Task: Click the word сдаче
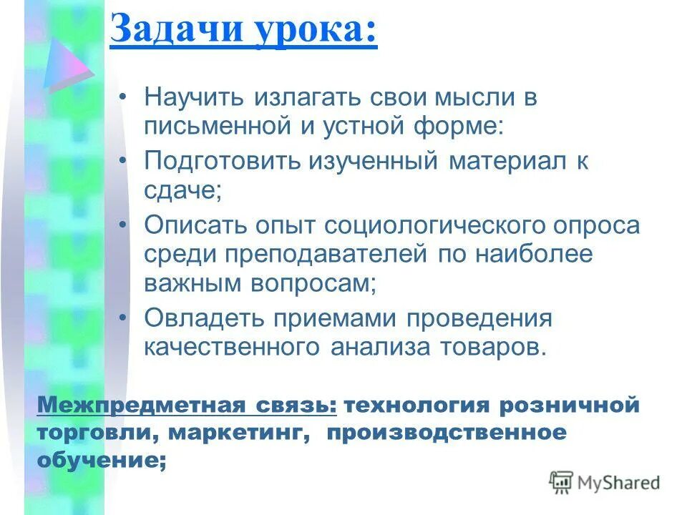182,191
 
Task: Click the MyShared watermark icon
561,482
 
